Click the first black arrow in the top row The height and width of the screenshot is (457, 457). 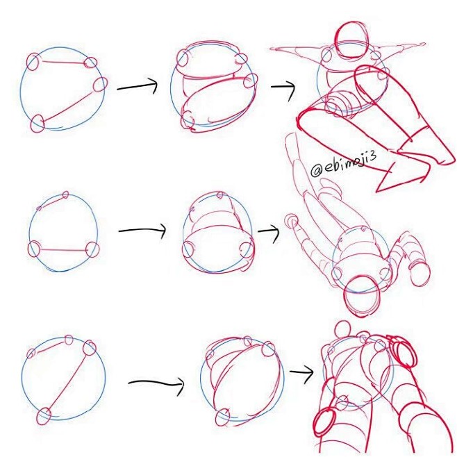click(137, 86)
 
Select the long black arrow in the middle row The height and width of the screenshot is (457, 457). click(142, 231)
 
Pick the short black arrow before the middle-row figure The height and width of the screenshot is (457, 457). click(268, 232)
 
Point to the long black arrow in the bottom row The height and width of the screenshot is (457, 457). click(156, 384)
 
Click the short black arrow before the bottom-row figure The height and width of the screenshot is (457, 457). click(301, 372)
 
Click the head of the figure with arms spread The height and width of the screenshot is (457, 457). click(352, 41)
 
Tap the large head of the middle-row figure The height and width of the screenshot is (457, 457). click(363, 297)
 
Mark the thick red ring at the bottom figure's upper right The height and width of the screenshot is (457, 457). click(403, 352)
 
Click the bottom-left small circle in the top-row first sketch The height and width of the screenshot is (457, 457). click(38, 123)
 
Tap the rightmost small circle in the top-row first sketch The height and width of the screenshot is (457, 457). click(100, 84)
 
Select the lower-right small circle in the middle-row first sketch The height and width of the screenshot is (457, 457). click(93, 249)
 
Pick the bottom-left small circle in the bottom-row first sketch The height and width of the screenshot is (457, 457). click(44, 416)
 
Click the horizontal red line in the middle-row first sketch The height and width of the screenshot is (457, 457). click(63, 250)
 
